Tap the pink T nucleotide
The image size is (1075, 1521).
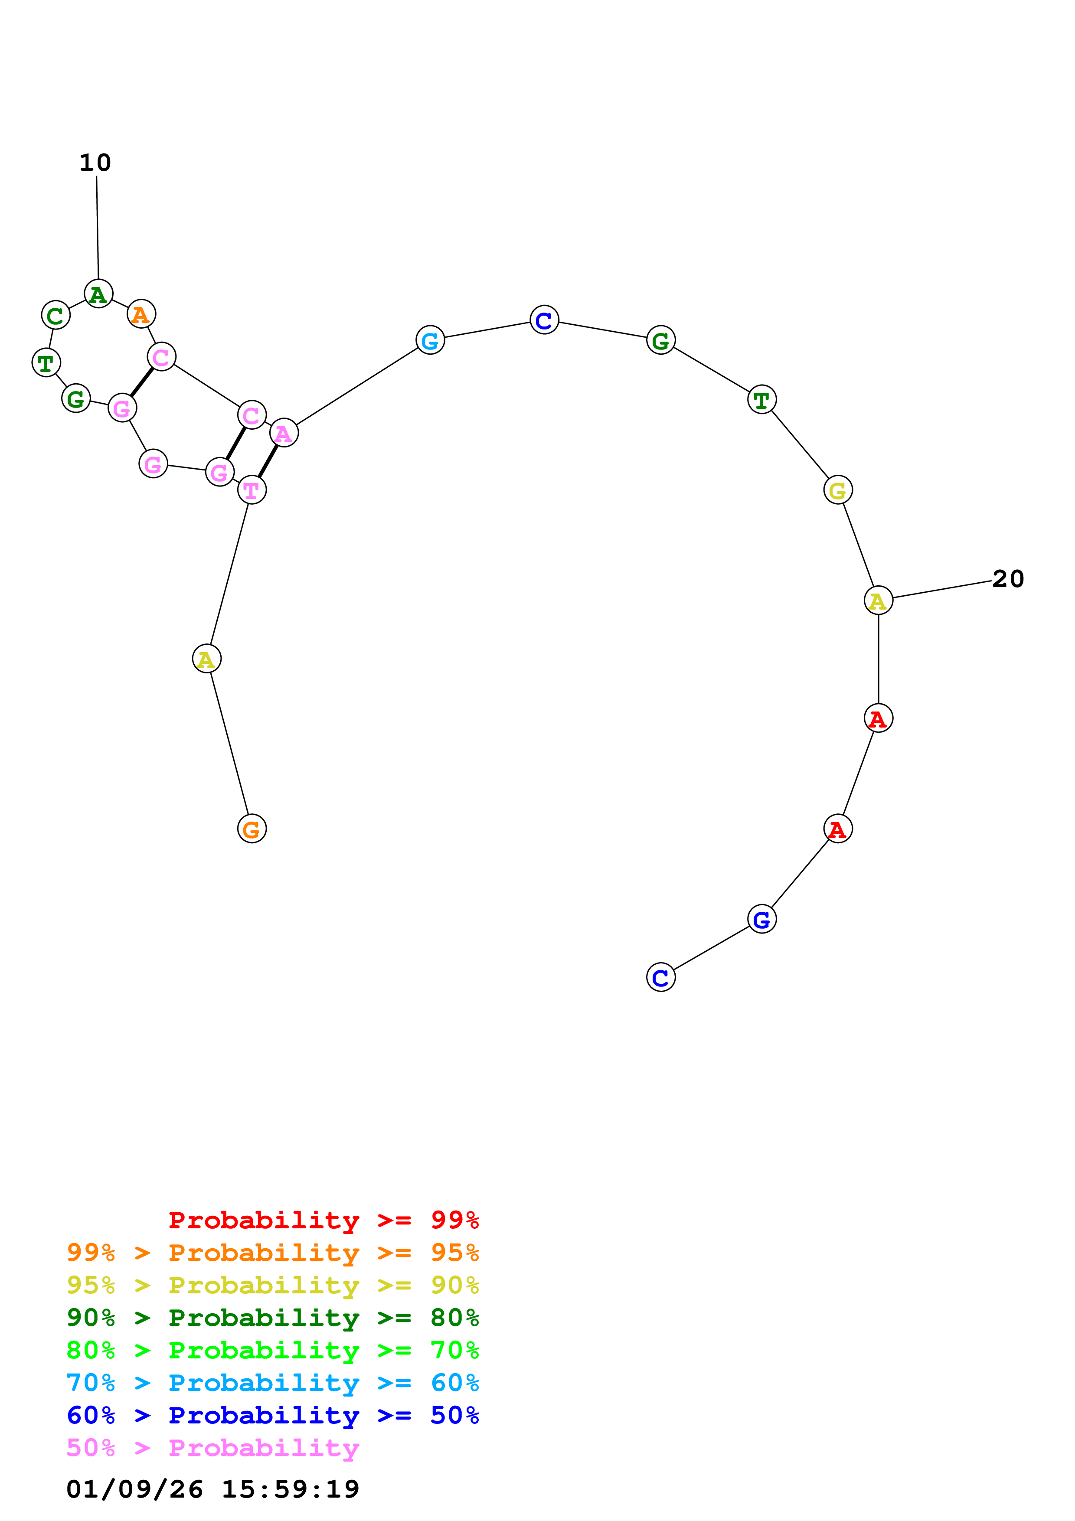252,490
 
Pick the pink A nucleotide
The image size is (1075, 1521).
284,433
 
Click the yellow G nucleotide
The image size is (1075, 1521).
838,491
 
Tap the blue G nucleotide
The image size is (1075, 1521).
762,920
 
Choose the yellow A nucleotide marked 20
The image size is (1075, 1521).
878,601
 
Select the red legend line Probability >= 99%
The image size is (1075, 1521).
323,1220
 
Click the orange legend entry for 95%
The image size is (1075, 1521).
272,1253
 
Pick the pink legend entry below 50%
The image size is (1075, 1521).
212,1447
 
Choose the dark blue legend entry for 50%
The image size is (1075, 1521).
272,1415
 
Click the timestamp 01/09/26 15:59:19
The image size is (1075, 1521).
212,1489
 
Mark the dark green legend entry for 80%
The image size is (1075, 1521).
272,1318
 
